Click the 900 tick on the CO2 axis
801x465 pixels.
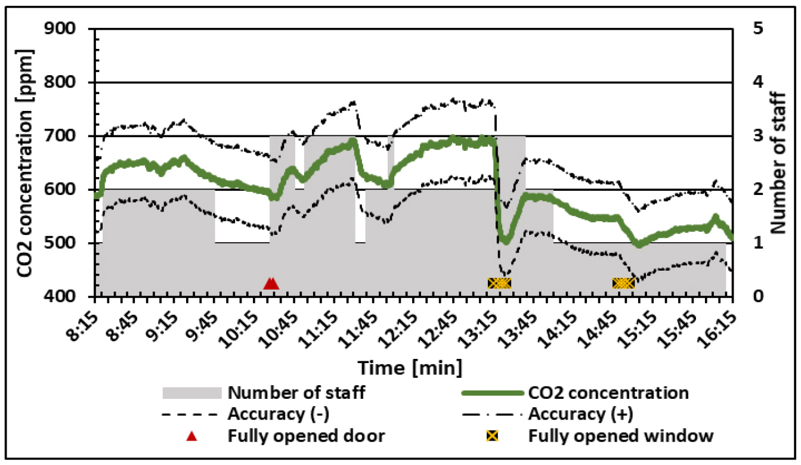67,29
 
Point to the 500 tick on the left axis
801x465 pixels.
67,243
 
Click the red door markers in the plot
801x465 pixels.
271,283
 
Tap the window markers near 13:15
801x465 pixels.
499,283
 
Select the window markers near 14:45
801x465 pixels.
623,283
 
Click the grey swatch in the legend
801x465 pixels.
191,393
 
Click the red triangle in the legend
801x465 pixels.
191,436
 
